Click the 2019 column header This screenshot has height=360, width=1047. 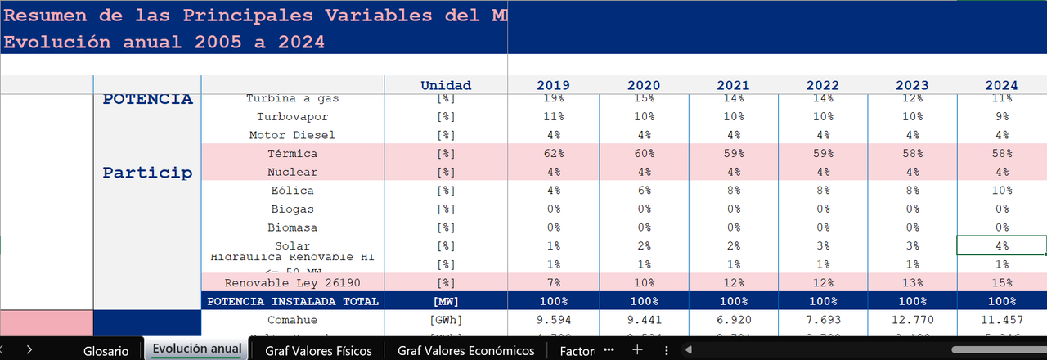[x=553, y=85]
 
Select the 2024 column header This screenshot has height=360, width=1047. [x=1001, y=85]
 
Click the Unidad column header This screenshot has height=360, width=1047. [x=446, y=85]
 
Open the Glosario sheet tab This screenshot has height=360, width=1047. [x=106, y=350]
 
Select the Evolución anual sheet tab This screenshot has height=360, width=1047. [x=197, y=349]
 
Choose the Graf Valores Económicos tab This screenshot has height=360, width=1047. [x=465, y=350]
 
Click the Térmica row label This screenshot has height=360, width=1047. [x=292, y=153]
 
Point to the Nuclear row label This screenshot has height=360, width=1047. [x=292, y=172]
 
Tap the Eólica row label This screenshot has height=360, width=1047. [x=292, y=191]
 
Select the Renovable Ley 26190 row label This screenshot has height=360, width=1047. [x=292, y=282]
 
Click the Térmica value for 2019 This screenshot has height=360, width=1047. [x=553, y=153]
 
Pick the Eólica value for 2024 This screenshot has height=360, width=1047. [x=1001, y=191]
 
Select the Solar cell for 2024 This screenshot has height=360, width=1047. [x=1001, y=245]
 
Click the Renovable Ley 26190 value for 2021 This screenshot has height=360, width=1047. [x=732, y=282]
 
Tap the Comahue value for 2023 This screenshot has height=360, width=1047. [x=911, y=319]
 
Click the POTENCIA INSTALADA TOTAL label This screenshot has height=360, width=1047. [x=292, y=301]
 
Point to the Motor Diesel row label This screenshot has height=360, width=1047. [x=292, y=135]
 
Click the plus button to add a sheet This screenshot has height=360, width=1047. [x=637, y=349]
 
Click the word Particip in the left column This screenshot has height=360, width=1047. [x=147, y=173]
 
